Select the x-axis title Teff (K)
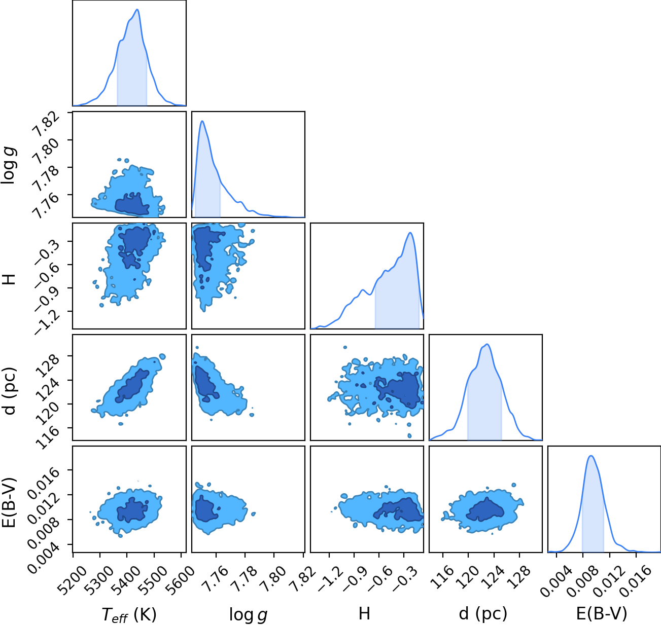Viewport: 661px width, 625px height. (x=129, y=614)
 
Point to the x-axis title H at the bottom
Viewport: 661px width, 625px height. (x=364, y=613)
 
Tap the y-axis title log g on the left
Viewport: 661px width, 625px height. (x=9, y=165)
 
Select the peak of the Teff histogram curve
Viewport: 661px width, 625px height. (x=137, y=10)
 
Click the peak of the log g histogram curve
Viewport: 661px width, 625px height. (x=202, y=121)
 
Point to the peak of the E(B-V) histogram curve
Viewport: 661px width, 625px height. (x=591, y=456)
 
